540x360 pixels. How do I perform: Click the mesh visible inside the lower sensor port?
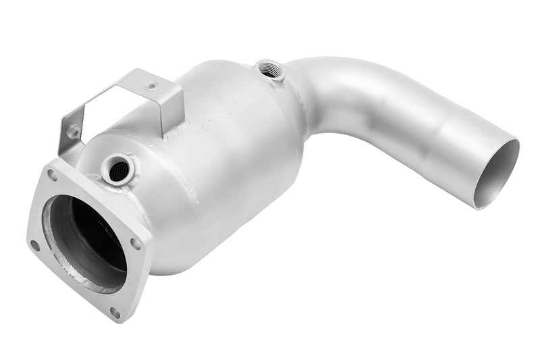click(x=116, y=168)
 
